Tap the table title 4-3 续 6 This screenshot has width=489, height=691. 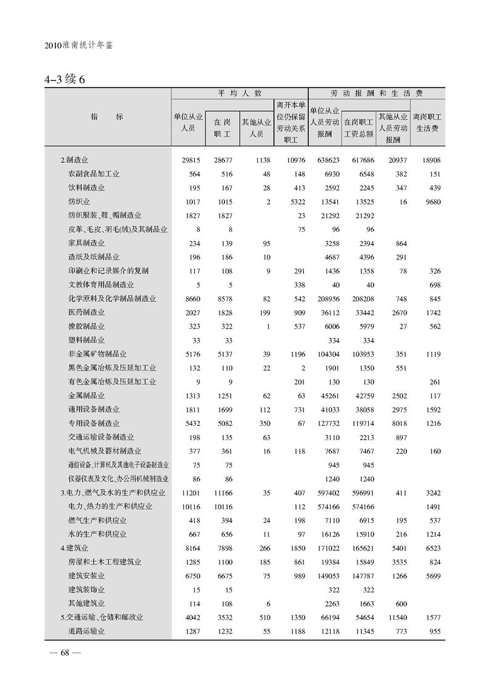(x=68, y=80)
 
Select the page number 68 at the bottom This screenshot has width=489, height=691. (x=62, y=654)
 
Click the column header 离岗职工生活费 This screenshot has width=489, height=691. (x=427, y=122)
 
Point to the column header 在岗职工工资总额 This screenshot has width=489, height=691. (x=358, y=128)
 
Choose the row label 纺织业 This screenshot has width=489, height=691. (x=79, y=201)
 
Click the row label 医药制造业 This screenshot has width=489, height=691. (x=86, y=313)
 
